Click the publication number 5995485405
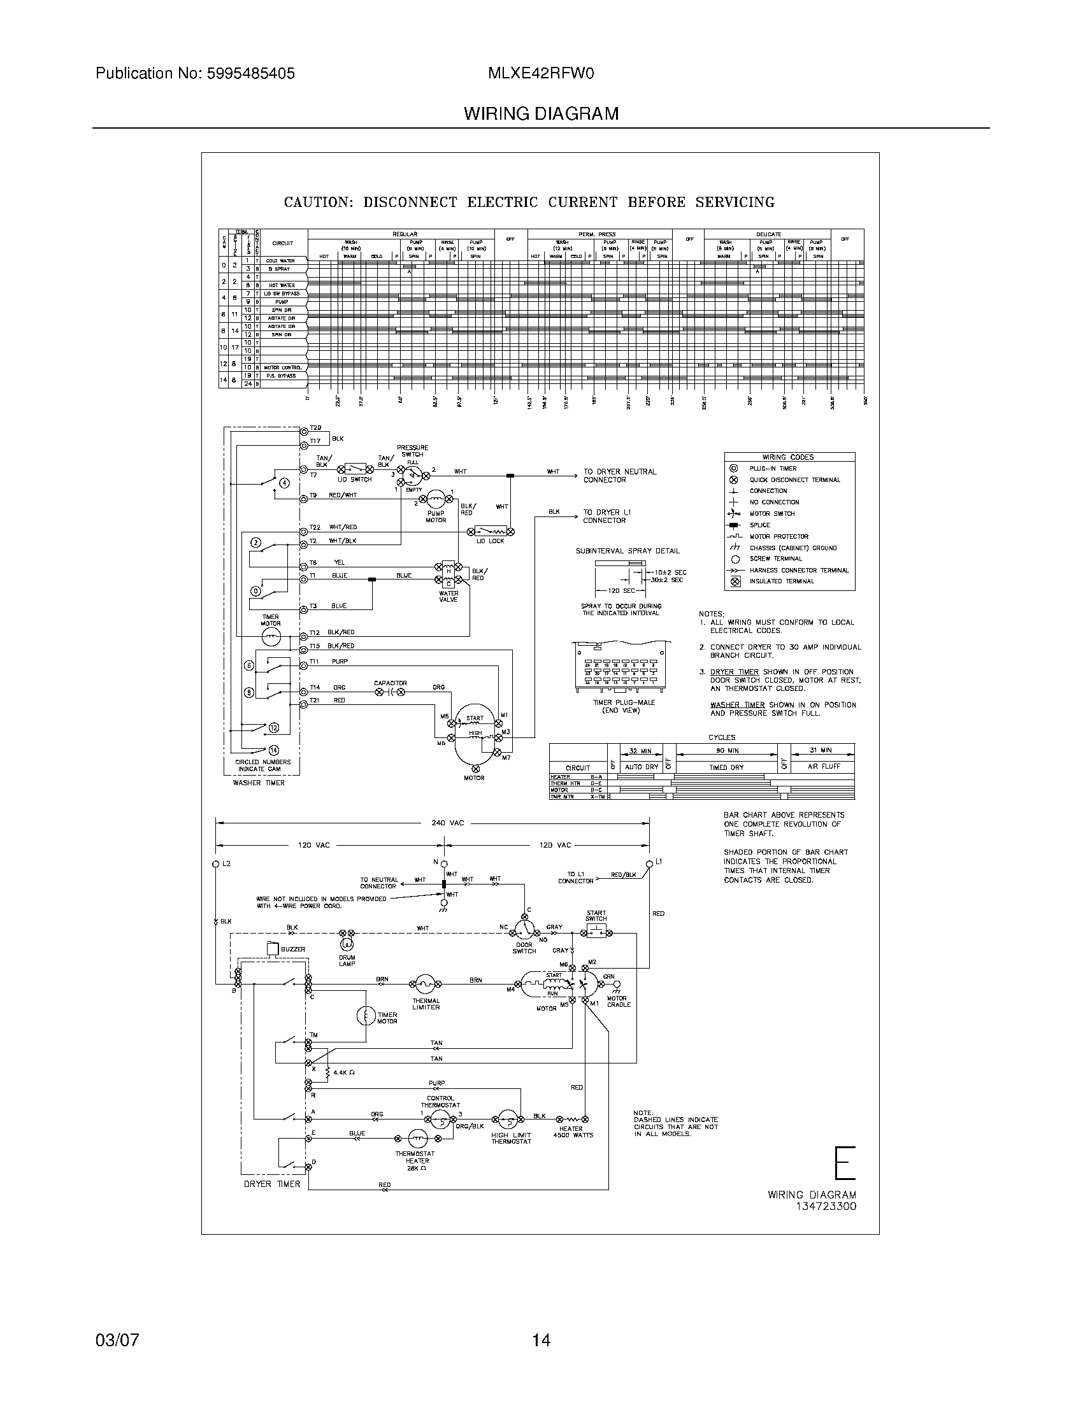pyautogui.click(x=250, y=74)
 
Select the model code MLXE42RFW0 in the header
pyautogui.click(x=541, y=74)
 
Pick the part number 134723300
pyautogui.click(x=827, y=1207)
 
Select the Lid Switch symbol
pyautogui.click(x=356, y=467)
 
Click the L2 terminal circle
pyautogui.click(x=216, y=864)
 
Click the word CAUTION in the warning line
pyautogui.click(x=319, y=203)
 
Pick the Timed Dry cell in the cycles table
pyautogui.click(x=726, y=767)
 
